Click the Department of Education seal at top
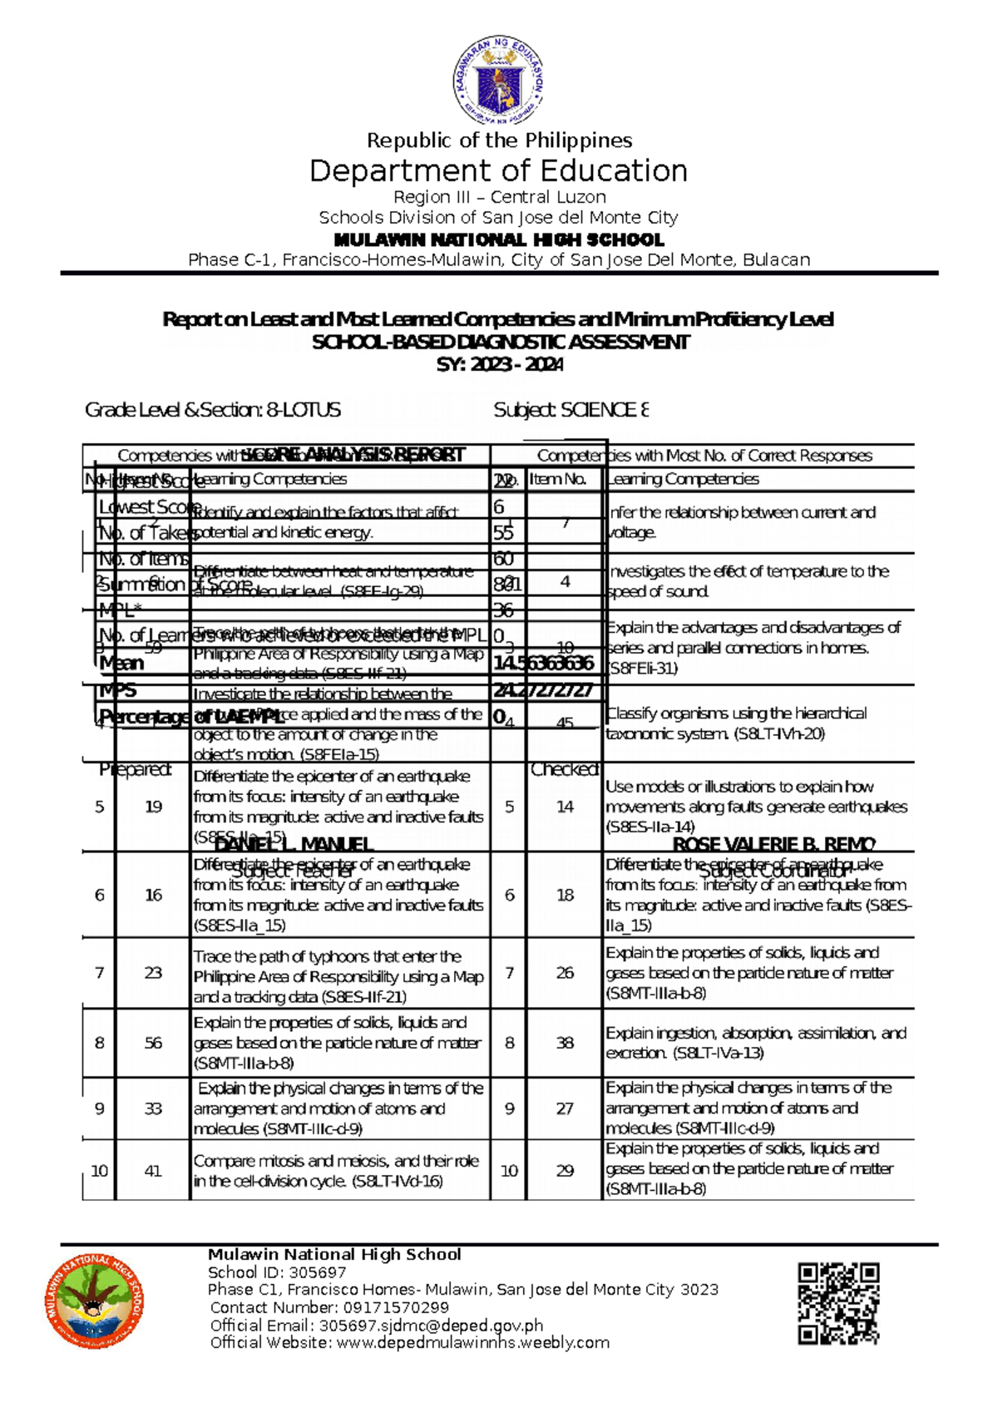coord(499,81)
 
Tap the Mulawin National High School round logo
coord(94,1301)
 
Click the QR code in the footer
coord(838,1303)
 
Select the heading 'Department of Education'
coord(499,171)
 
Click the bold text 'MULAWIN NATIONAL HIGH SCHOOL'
coord(499,240)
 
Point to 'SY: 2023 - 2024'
coord(499,364)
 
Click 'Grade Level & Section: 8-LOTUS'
coord(213,410)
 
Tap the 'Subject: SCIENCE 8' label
coord(571,410)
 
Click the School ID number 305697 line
coord(277,1272)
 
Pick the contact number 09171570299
coord(329,1308)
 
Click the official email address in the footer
coord(376,1326)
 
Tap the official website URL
coord(409,1343)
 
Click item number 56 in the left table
coord(153,1043)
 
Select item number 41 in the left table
coord(153,1171)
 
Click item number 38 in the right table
coord(565,1043)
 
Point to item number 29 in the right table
coord(565,1171)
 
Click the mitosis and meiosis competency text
coord(336,1171)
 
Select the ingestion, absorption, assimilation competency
coord(755,1043)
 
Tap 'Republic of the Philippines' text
coord(499,141)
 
